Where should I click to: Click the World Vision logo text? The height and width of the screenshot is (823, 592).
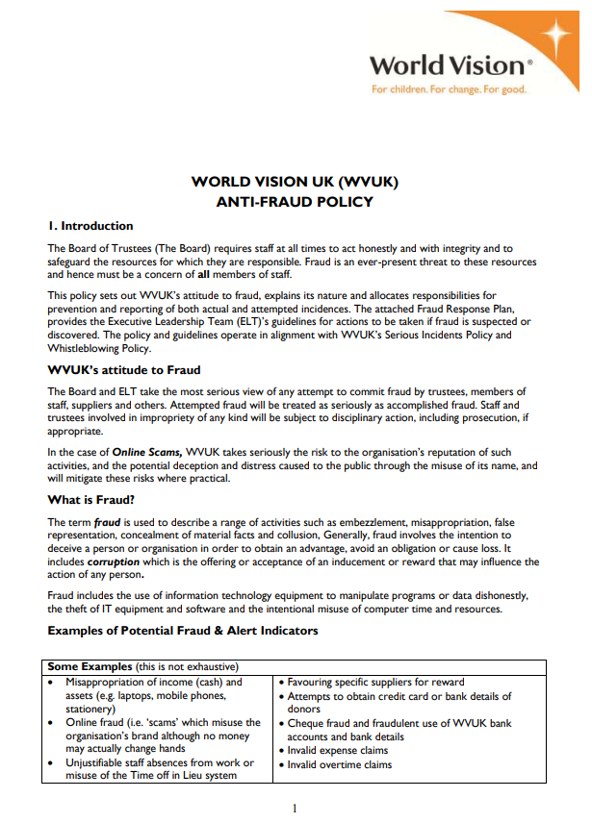click(449, 66)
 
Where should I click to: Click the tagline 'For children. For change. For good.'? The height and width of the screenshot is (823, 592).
click(449, 89)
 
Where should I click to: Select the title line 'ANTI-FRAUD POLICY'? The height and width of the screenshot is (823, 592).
click(295, 202)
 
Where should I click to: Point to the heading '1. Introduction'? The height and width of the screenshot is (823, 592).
click(90, 226)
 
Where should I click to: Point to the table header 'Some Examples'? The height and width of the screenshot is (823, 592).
click(88, 666)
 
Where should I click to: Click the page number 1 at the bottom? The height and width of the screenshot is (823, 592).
click(295, 808)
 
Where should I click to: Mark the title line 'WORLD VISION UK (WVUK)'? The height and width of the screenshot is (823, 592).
click(295, 182)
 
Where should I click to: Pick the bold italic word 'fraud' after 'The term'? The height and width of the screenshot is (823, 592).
click(107, 521)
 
